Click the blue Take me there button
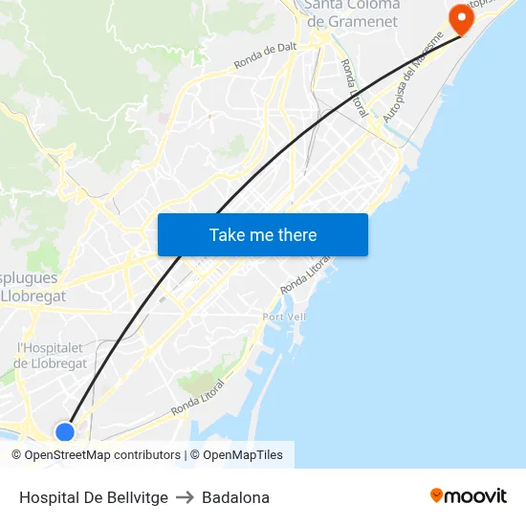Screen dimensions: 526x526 [263, 234]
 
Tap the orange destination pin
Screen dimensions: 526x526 [461, 18]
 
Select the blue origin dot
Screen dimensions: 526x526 [65, 432]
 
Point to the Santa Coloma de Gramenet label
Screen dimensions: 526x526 [351, 13]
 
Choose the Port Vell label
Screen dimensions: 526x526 [284, 317]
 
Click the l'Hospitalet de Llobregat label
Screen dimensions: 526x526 [51, 355]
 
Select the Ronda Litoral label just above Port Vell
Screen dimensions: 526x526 [306, 274]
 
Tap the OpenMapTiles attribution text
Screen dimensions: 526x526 [243, 455]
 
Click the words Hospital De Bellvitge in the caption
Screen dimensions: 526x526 [94, 497]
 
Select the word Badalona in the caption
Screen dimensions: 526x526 [235, 497]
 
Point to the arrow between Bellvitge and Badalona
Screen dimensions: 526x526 [185, 497]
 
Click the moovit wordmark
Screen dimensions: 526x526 [475, 495]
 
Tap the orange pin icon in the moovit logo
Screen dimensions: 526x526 [436, 495]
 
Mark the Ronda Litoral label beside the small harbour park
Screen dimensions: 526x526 [198, 399]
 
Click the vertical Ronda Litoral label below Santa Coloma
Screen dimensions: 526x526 [351, 89]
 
